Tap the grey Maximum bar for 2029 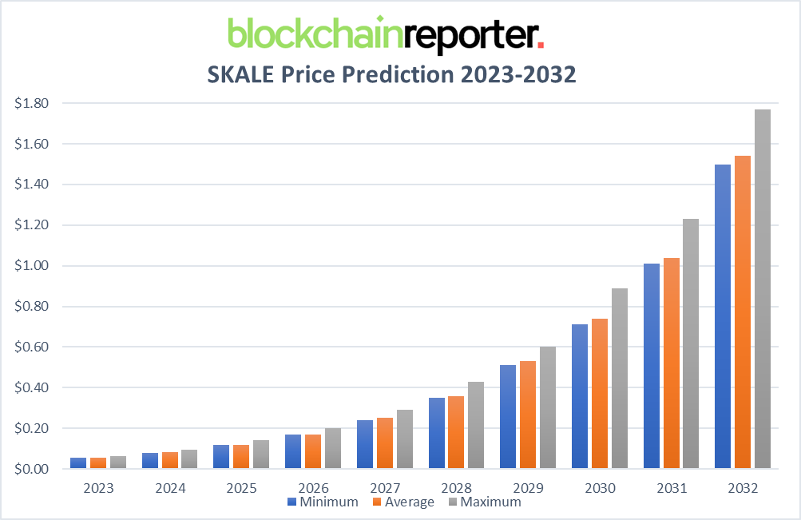point(548,407)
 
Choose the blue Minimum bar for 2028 point(436,432)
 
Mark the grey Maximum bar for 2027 point(404,439)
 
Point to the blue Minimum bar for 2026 point(292,451)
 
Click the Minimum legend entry point(323,502)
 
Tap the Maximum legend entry point(484,502)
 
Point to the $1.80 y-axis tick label point(32,103)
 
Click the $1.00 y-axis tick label point(32,266)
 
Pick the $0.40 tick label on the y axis point(32,388)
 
